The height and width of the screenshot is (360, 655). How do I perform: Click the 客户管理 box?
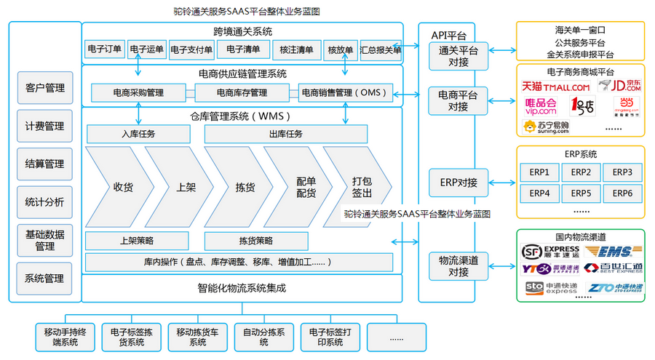coord(45,88)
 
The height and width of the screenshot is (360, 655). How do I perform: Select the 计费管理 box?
coord(45,126)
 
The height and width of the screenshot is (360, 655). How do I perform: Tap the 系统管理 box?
coord(45,278)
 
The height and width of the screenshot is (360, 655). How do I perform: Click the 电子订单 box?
coord(105,49)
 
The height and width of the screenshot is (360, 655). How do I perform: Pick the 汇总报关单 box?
coord(381,49)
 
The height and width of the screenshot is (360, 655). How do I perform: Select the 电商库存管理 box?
coord(242,92)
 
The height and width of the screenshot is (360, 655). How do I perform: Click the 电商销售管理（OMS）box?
coord(346,92)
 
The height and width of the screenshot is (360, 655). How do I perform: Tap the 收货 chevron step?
coord(120,187)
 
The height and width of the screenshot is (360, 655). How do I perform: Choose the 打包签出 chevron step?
coord(361,187)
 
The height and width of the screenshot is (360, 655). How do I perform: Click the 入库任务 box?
coord(138,134)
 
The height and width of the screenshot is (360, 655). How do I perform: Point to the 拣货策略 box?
coord(256,240)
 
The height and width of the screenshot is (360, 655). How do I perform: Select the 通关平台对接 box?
coord(458,56)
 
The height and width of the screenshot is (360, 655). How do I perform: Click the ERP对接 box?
coord(458,182)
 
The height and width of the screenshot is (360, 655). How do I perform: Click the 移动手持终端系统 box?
coord(65,337)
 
